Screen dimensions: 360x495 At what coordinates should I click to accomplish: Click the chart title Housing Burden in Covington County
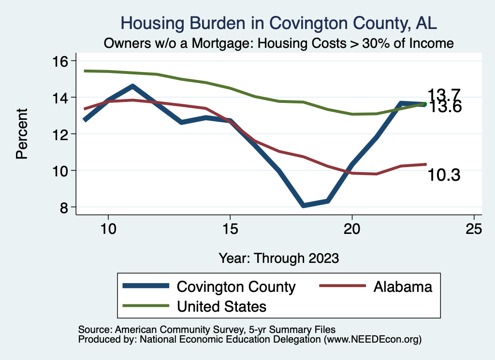(x=279, y=23)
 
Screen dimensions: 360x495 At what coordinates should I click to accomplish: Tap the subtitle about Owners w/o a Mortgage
(x=279, y=43)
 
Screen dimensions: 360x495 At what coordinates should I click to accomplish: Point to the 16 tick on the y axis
(x=62, y=61)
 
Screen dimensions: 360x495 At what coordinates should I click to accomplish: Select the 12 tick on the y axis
(x=62, y=134)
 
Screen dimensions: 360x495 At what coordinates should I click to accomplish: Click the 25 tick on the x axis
(x=474, y=229)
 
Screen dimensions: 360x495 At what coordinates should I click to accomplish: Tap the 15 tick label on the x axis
(x=230, y=229)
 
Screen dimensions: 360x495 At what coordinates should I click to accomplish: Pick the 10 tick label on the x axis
(x=108, y=229)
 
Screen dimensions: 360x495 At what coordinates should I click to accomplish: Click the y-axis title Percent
(x=21, y=134)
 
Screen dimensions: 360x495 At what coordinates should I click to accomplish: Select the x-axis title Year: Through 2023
(x=278, y=258)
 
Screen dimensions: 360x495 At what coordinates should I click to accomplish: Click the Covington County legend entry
(x=236, y=287)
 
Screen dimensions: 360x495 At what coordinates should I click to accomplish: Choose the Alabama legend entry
(x=402, y=287)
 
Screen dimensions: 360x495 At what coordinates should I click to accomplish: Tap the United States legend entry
(x=222, y=306)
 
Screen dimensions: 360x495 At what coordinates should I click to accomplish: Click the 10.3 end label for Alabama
(x=444, y=175)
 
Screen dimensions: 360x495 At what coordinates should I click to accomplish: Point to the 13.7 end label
(x=444, y=95)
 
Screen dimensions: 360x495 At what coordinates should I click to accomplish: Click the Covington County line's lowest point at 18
(x=304, y=205)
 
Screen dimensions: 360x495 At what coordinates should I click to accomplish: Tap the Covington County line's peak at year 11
(x=133, y=86)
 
